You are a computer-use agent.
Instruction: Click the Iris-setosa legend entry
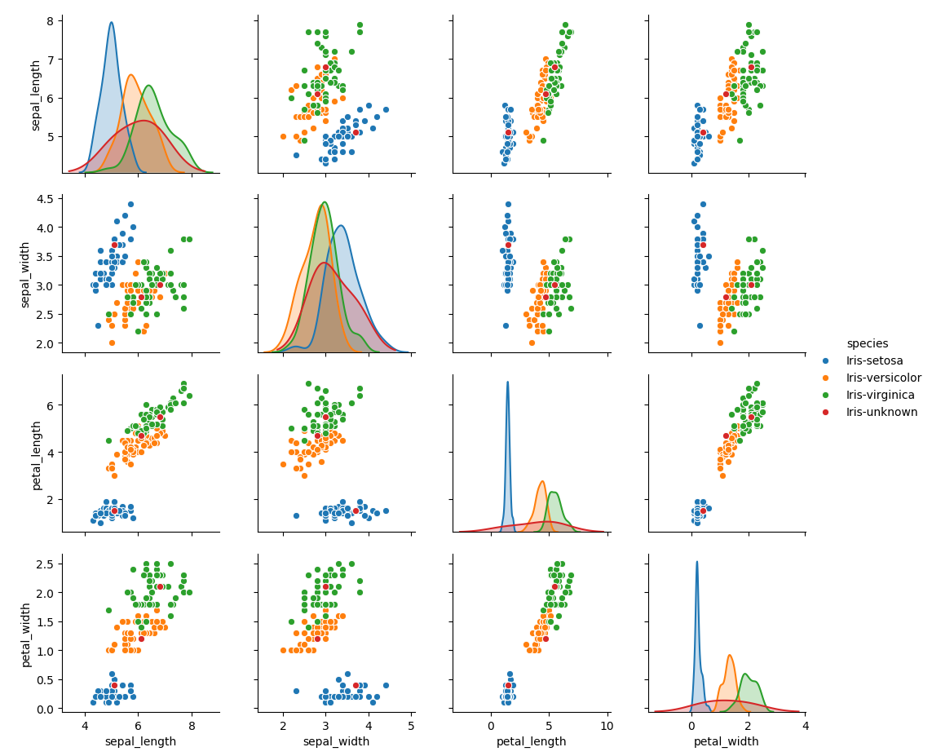pyautogui.click(x=873, y=360)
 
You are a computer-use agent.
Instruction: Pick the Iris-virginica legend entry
pyautogui.click(x=880, y=395)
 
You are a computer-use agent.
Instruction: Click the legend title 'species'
pyautogui.click(x=867, y=343)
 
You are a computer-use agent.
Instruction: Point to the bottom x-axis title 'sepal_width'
pyautogui.click(x=336, y=741)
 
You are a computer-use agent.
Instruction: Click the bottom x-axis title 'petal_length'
pyautogui.click(x=531, y=741)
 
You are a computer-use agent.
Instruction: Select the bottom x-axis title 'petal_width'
pyautogui.click(x=726, y=741)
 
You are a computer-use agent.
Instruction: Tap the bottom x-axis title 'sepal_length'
pyautogui.click(x=140, y=741)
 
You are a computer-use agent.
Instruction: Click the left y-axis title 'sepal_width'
pyautogui.click(x=25, y=274)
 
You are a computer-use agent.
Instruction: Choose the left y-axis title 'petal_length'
pyautogui.click(x=37, y=454)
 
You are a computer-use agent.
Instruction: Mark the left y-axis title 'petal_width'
pyautogui.click(x=25, y=634)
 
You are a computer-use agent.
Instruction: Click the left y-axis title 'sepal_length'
pyautogui.click(x=37, y=95)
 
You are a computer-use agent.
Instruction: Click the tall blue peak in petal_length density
pyautogui.click(x=507, y=383)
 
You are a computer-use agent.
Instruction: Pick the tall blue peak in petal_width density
pyautogui.click(x=697, y=563)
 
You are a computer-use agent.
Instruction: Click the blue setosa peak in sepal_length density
pyautogui.click(x=112, y=24)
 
